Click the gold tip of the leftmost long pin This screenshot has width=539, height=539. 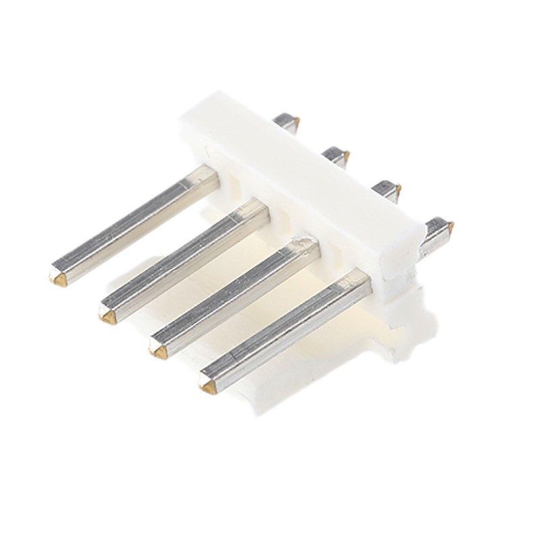(57, 274)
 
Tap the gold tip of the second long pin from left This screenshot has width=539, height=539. (107, 315)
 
